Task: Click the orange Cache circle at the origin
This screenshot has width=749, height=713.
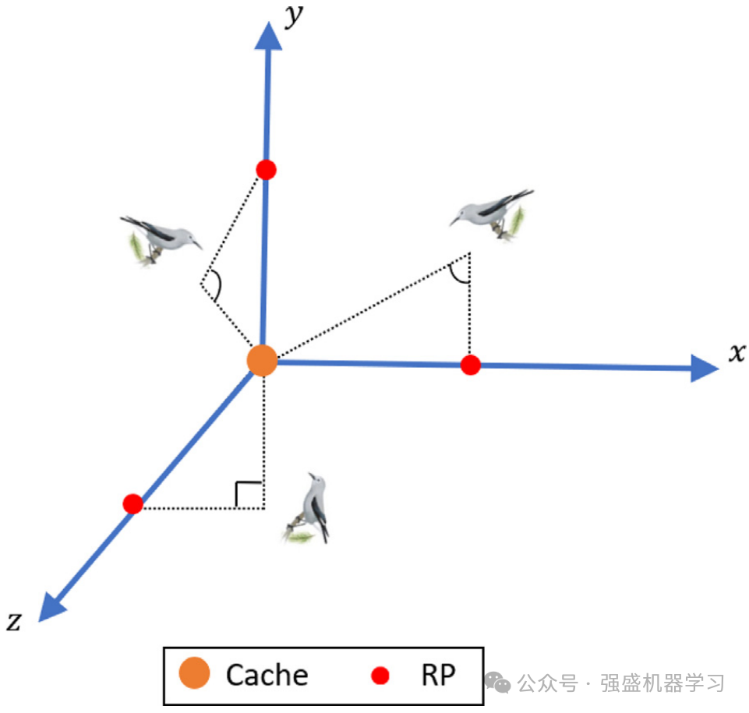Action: coord(262,361)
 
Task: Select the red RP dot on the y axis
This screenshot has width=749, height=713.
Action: coord(267,169)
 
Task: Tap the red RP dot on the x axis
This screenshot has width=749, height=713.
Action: coord(470,365)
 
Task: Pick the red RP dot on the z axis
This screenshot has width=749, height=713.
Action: coord(133,503)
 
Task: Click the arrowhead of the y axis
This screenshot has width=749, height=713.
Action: coord(269,35)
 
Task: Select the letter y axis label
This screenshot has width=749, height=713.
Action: coord(294,16)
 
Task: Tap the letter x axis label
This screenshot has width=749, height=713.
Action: coord(737,353)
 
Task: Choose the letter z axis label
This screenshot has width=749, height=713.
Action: coord(14,621)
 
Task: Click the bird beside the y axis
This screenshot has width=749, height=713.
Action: coord(160,238)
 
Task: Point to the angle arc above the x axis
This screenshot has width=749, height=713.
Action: coord(460,272)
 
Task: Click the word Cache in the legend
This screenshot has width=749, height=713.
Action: coord(267,675)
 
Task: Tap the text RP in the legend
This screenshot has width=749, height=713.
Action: coord(438,675)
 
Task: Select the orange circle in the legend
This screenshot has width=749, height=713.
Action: coord(194,674)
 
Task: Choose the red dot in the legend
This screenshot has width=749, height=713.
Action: coord(380,675)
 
